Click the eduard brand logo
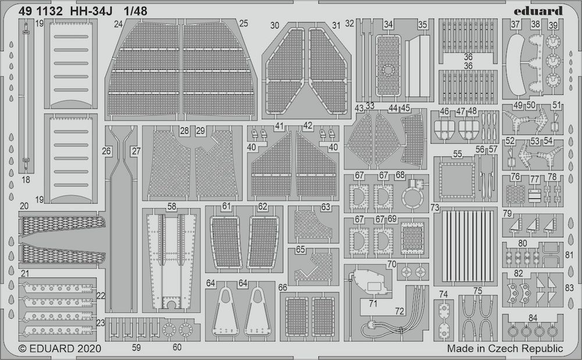[538, 10]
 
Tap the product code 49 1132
[41, 12]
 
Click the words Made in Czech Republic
[505, 348]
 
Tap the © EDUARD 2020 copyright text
[60, 348]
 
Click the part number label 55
[457, 154]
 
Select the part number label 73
[435, 207]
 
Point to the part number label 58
[172, 206]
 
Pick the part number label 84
[533, 318]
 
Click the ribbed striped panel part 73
[465, 245]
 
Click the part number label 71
[373, 304]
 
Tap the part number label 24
[118, 24]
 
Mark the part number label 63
[325, 206]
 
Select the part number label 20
[24, 206]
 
